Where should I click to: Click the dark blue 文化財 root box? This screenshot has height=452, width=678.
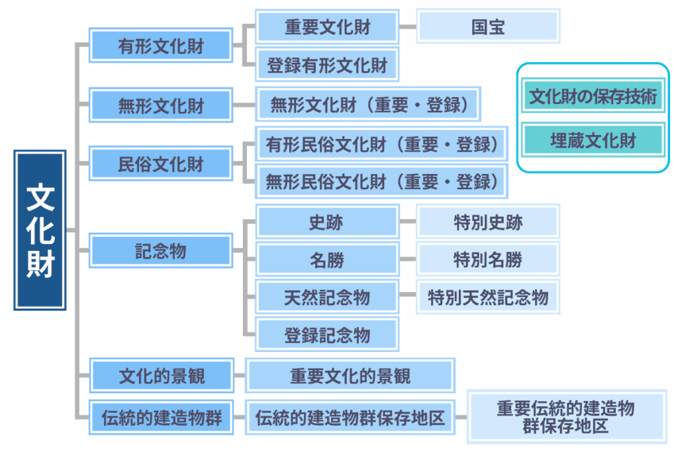(x=40, y=230)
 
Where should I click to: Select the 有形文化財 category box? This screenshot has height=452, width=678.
(x=161, y=47)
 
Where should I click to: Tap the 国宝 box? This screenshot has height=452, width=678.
(x=488, y=26)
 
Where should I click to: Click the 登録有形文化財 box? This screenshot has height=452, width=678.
(x=327, y=66)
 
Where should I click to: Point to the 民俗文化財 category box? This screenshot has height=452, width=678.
(x=161, y=163)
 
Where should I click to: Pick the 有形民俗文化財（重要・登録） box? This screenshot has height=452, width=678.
(x=381, y=144)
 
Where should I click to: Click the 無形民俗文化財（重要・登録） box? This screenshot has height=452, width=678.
(x=381, y=181)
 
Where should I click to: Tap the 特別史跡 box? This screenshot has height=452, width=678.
(x=488, y=222)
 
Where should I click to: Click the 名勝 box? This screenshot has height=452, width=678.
(x=327, y=259)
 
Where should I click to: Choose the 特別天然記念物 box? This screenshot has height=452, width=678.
(x=488, y=297)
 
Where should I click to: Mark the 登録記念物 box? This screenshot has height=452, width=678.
(x=327, y=335)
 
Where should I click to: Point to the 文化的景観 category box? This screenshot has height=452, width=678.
(x=161, y=377)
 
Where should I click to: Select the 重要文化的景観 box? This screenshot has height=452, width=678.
(x=350, y=377)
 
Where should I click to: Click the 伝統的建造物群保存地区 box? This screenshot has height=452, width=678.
(x=350, y=418)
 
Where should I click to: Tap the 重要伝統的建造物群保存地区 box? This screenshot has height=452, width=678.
(x=566, y=417)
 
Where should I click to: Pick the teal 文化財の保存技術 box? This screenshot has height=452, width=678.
(x=593, y=97)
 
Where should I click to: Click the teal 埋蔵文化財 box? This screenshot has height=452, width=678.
(x=593, y=140)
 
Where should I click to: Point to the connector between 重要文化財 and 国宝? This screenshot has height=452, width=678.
(x=407, y=27)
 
